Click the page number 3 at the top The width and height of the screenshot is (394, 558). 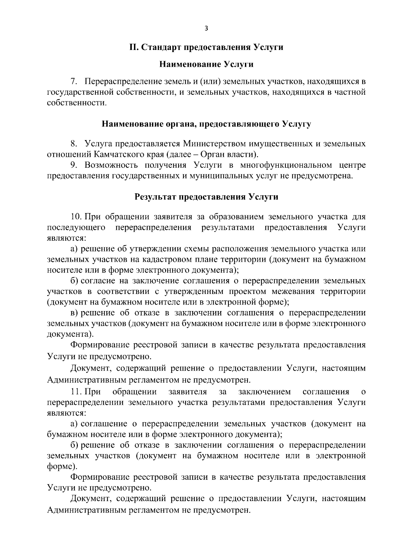click(206, 29)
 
